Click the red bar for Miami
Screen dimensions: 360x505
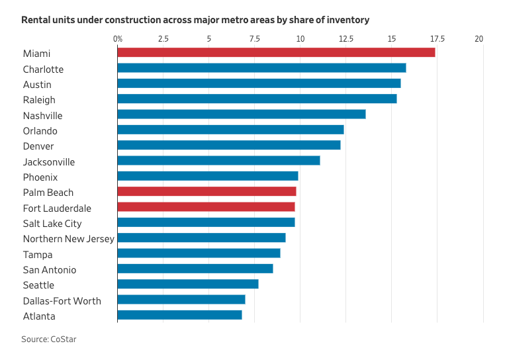click(276, 52)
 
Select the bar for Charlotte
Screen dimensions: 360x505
click(261, 67)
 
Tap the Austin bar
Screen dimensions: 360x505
click(259, 83)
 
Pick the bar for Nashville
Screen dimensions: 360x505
click(242, 114)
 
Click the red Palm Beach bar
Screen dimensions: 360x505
click(207, 191)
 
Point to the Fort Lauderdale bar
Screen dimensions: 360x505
click(206, 206)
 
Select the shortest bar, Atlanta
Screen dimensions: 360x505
click(179, 315)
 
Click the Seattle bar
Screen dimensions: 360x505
click(188, 284)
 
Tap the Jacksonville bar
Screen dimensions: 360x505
click(218, 160)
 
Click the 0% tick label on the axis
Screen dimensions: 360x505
click(118, 39)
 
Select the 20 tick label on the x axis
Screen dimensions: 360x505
click(479, 39)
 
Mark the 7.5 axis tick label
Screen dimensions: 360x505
click(254, 39)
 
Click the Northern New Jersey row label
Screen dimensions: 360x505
click(69, 239)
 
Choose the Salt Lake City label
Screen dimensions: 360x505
click(52, 224)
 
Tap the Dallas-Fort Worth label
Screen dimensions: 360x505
click(62, 301)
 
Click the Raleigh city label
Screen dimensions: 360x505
click(39, 100)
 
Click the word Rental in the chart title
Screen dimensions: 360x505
click(37, 20)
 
